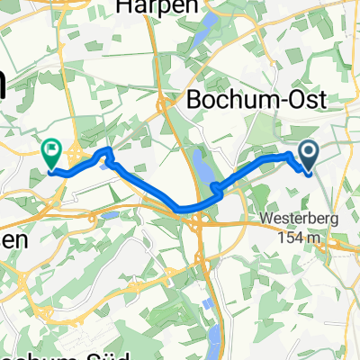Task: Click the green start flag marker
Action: click(x=50, y=154)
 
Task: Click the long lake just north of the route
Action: click(x=201, y=166)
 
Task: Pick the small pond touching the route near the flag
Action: click(x=109, y=163)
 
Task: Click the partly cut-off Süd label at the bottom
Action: click(x=36, y=353)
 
